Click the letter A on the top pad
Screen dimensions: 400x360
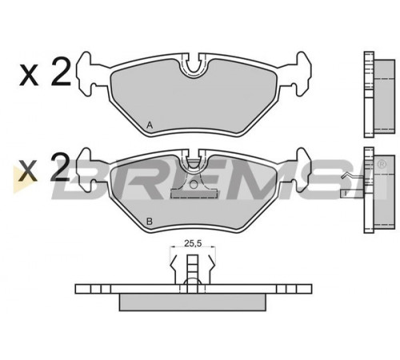[x=150, y=125]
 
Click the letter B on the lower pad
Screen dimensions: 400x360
[x=150, y=221]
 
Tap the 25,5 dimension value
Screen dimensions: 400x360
[x=193, y=243]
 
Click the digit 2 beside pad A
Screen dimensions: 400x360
[x=61, y=72]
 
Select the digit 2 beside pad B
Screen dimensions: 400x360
[x=60, y=167]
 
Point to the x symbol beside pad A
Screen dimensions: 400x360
[x=29, y=75]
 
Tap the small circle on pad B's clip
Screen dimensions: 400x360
[x=194, y=184]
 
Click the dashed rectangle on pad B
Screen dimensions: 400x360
[x=193, y=194]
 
